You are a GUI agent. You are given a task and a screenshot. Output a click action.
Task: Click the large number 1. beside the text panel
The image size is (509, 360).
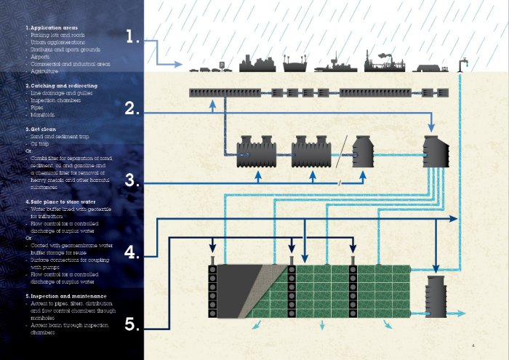point(132,37)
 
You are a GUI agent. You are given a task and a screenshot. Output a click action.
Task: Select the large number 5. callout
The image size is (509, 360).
point(132,324)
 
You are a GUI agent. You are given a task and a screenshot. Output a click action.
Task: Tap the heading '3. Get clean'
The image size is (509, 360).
point(45,129)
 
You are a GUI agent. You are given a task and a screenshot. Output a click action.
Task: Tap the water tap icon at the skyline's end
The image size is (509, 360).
point(460,63)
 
